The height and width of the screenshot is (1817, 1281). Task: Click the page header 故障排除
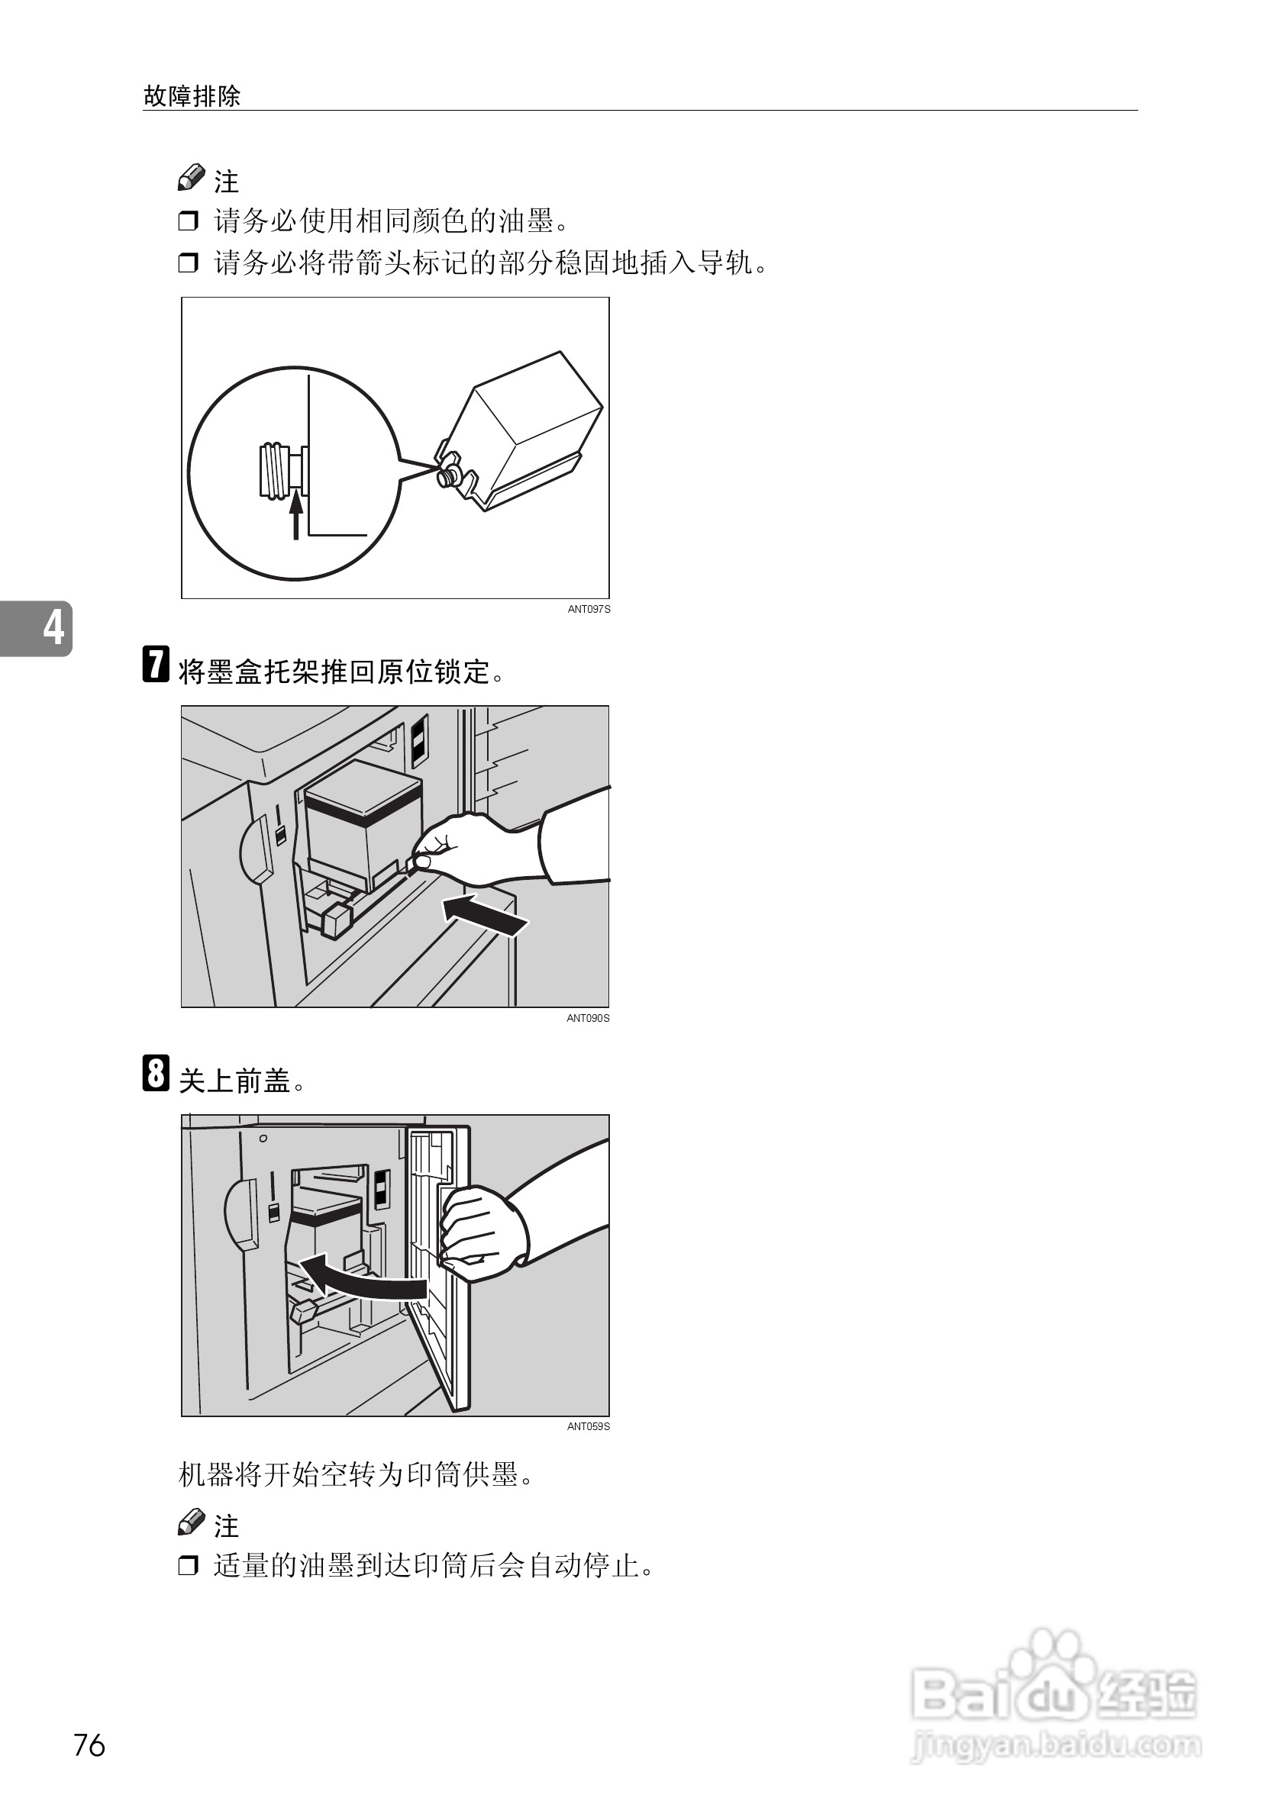click(x=192, y=97)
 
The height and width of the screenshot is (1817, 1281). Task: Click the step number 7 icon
click(x=156, y=664)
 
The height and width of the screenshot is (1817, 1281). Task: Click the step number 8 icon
click(x=156, y=1073)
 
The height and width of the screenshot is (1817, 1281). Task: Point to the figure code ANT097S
click(x=589, y=610)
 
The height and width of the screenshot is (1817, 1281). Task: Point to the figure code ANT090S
click(x=588, y=1019)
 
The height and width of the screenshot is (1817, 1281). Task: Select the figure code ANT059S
click(x=588, y=1427)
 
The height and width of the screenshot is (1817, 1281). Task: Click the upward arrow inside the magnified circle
click(x=296, y=514)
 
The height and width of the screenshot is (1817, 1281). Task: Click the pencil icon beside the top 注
click(x=191, y=179)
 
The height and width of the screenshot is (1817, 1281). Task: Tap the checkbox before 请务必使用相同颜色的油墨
click(x=189, y=221)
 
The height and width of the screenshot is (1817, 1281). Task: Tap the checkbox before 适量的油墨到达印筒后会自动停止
click(x=189, y=1565)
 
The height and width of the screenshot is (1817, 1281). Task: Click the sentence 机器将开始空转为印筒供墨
click(x=356, y=1475)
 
